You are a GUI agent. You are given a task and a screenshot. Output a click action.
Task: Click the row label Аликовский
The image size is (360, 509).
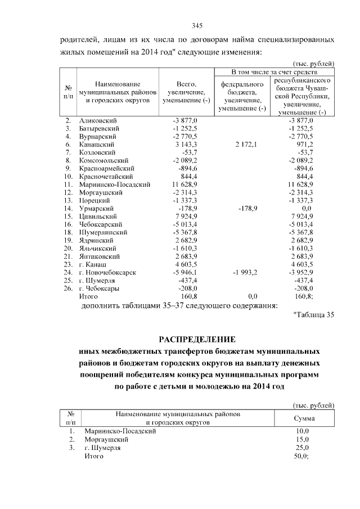[x=96, y=121]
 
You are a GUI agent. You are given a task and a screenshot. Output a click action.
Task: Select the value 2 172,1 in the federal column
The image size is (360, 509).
[x=244, y=145]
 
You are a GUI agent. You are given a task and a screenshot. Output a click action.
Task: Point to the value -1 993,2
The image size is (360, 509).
[x=244, y=272]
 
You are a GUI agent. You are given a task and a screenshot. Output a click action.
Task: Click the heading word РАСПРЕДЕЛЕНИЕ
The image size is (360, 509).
[x=196, y=340]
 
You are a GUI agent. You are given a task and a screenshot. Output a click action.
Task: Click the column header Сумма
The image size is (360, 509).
[x=304, y=418]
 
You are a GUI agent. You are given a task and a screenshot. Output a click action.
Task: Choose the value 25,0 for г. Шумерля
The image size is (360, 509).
[x=303, y=448]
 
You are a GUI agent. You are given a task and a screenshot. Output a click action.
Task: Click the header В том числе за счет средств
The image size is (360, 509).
[x=275, y=73]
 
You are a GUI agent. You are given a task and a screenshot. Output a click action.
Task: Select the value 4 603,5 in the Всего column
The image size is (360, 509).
[x=186, y=264]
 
